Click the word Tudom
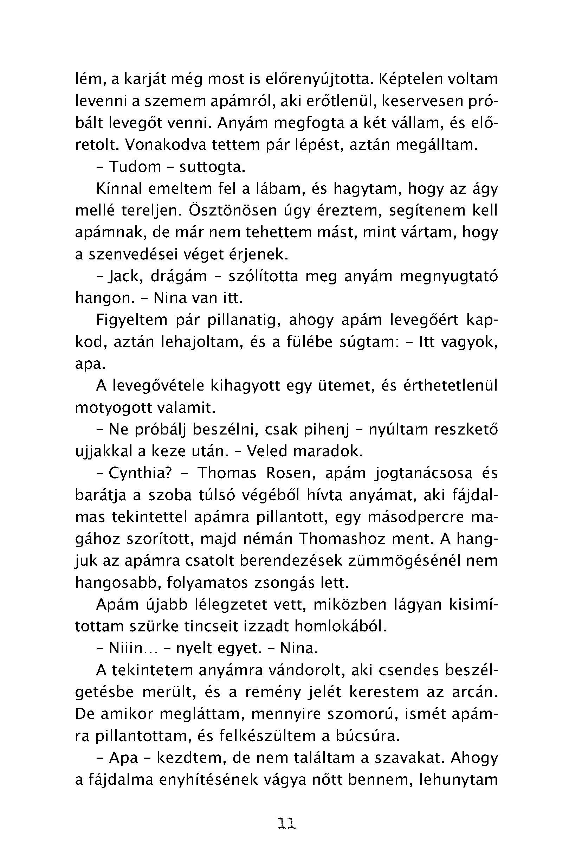point(135,167)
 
